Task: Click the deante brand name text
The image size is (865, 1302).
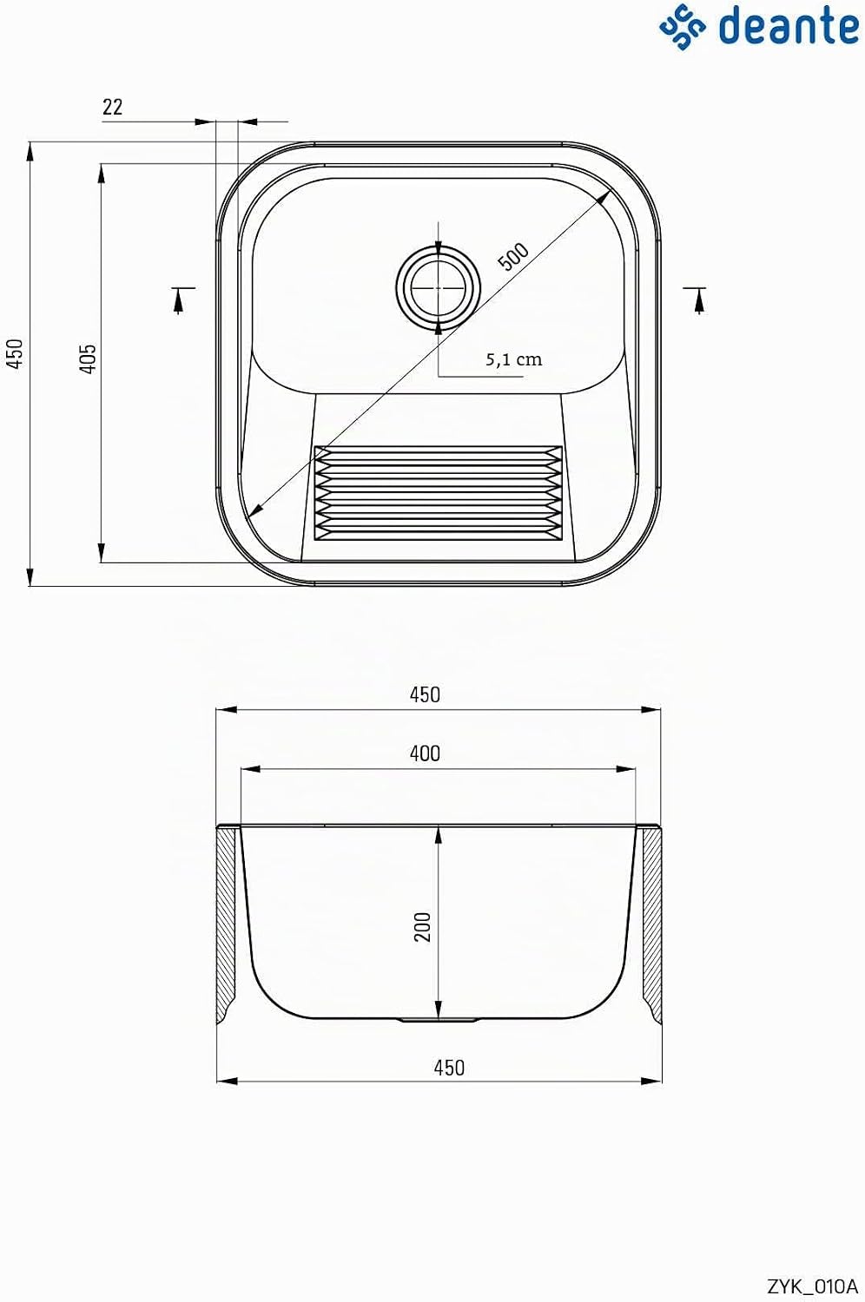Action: [x=789, y=25]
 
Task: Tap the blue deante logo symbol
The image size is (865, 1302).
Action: [x=683, y=27]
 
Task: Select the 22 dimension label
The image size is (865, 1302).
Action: [x=112, y=107]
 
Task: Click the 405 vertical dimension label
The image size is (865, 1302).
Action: [x=87, y=358]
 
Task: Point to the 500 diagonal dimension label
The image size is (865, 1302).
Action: [x=513, y=256]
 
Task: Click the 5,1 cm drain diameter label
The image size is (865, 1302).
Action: [x=514, y=360]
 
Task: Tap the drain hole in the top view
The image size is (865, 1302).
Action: [x=438, y=287]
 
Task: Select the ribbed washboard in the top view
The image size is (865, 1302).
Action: [x=438, y=494]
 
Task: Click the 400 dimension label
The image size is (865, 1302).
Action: [x=426, y=754]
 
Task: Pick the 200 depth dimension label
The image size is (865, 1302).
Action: [x=423, y=926]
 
